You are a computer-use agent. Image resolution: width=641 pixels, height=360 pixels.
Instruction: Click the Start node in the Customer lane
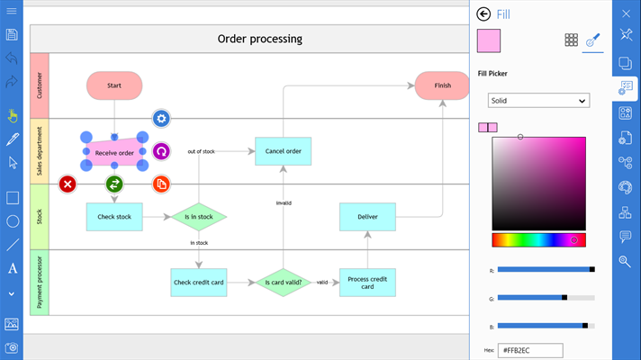(114, 85)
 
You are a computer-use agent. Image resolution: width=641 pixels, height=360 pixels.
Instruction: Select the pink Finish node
(442, 85)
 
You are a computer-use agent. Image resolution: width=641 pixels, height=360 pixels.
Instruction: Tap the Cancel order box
(283, 151)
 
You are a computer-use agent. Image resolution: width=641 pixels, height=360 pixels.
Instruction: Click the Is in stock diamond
(198, 216)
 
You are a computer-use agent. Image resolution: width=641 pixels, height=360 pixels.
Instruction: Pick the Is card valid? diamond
(283, 283)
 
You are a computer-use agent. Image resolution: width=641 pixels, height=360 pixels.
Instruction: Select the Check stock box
(114, 216)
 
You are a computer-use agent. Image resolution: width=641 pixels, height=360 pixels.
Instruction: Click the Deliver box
(367, 216)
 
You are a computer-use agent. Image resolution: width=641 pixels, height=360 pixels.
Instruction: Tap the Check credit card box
(198, 283)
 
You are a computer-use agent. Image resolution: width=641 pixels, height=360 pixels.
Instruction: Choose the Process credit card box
(367, 283)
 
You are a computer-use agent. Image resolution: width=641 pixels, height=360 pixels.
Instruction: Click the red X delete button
(68, 184)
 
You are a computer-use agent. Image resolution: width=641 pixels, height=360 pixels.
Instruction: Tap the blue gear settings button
(161, 118)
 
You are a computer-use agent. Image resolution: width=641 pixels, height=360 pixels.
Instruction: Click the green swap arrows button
(114, 184)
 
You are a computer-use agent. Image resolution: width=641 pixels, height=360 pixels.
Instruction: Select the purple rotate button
(161, 151)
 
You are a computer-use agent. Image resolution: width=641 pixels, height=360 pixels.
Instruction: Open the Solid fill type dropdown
(538, 101)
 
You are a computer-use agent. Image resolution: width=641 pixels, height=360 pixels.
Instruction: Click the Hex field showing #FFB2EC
(531, 350)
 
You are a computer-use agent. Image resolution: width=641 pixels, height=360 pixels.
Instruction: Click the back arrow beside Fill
(484, 14)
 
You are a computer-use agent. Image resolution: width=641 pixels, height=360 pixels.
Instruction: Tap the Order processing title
(260, 39)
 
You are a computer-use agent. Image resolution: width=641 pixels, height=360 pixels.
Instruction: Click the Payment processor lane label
(40, 282)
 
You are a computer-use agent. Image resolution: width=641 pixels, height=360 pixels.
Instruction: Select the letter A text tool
(13, 268)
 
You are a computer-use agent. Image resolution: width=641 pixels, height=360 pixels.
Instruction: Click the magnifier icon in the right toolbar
(625, 261)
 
